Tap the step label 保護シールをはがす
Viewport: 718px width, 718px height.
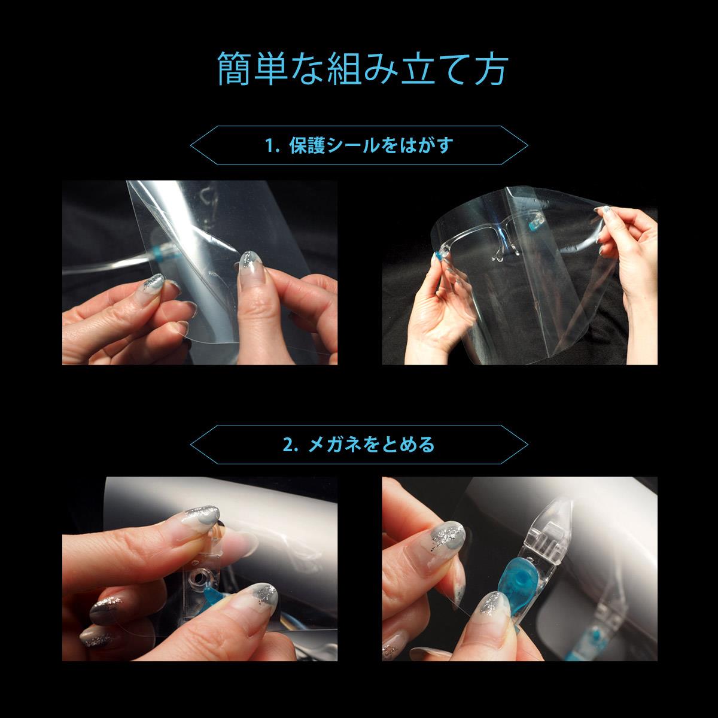tap(371, 145)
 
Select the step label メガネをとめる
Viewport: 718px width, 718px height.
tap(372, 445)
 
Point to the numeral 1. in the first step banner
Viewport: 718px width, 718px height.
tap(272, 145)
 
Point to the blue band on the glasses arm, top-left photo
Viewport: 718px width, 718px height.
tap(157, 252)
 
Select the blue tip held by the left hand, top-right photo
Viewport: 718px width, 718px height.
tap(440, 256)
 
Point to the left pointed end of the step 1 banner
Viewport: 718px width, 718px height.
tap(193, 145)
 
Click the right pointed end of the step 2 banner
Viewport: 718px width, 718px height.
tap(526, 444)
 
